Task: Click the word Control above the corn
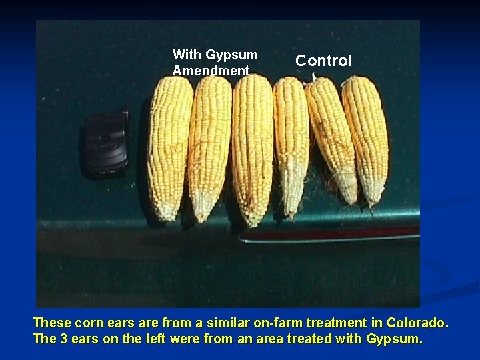point(323,61)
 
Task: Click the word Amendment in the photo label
point(211,70)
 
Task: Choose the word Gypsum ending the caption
point(393,339)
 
